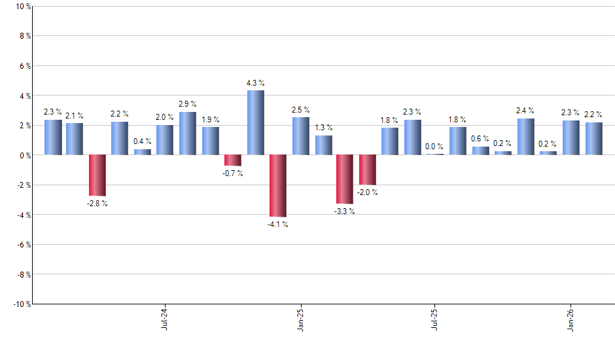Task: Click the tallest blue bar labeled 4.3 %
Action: click(x=255, y=122)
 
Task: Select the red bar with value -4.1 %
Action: click(x=278, y=186)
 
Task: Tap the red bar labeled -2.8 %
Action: click(x=97, y=175)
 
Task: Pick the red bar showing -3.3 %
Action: click(x=345, y=179)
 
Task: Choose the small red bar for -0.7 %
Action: click(x=233, y=160)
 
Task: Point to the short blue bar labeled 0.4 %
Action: click(x=143, y=152)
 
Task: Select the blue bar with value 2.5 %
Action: click(x=300, y=136)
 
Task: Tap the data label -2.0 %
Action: click(x=367, y=192)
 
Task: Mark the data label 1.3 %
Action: click(x=323, y=128)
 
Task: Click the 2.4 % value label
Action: click(x=525, y=111)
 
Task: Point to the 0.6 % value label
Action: click(x=480, y=138)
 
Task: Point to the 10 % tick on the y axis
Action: click(x=22, y=7)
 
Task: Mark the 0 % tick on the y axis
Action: click(x=24, y=155)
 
